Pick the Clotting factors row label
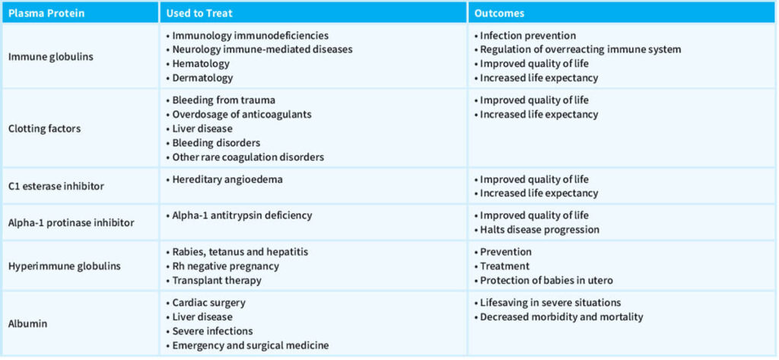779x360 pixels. [x=44, y=129]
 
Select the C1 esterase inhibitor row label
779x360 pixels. [x=56, y=186]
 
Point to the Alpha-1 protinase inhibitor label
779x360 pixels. [x=71, y=222]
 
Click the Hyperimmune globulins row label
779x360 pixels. [x=63, y=266]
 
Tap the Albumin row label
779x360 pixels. [x=28, y=323]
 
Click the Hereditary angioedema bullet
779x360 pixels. [x=223, y=179]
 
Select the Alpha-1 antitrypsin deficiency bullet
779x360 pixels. [x=242, y=215]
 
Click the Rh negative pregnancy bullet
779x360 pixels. [x=225, y=266]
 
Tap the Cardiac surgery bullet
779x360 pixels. [x=208, y=302]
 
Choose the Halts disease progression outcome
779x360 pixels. [x=539, y=229]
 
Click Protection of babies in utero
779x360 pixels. [x=546, y=280]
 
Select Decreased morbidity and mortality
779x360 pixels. [x=561, y=317]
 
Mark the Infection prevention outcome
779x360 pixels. [x=527, y=35]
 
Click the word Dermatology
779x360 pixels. [x=202, y=78]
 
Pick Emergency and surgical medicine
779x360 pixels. [x=250, y=346]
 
